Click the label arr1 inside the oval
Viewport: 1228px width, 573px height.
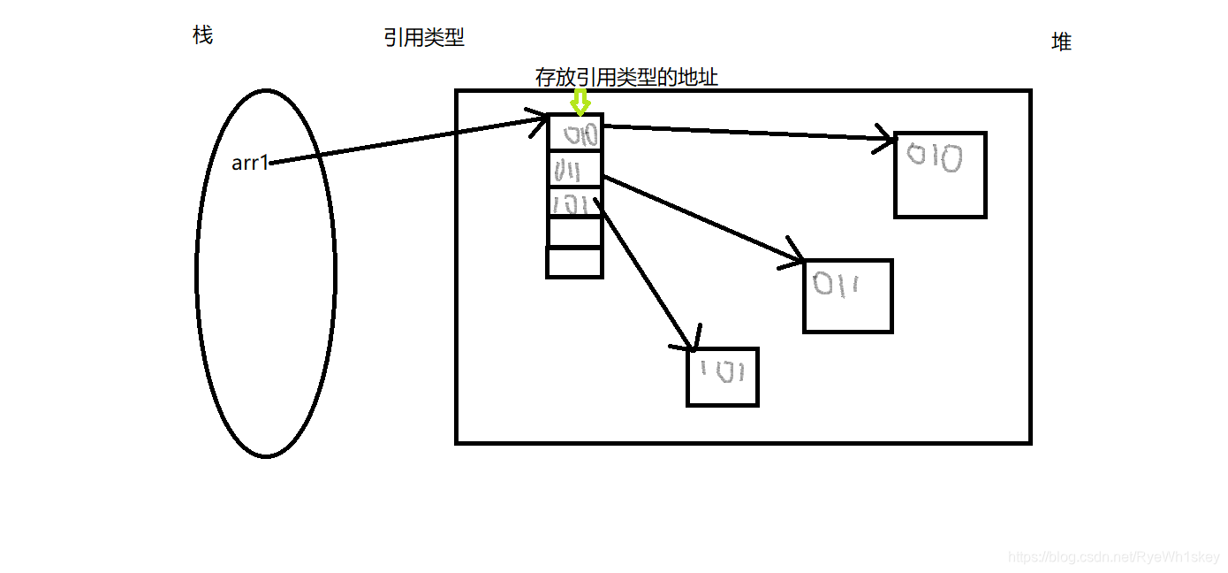pyautogui.click(x=249, y=163)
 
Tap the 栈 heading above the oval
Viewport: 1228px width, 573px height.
pyautogui.click(x=202, y=35)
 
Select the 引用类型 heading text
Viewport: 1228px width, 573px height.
pyautogui.click(x=424, y=37)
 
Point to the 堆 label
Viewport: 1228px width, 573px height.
pyautogui.click(x=1061, y=42)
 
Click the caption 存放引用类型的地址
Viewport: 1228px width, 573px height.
pyautogui.click(x=626, y=78)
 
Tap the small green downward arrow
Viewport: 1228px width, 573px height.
pyautogui.click(x=580, y=103)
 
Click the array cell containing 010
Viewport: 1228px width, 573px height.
pyautogui.click(x=575, y=134)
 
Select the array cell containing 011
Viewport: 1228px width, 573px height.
pyautogui.click(x=574, y=169)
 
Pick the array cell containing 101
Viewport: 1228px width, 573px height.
pyautogui.click(x=574, y=203)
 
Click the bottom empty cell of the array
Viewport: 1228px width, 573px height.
pyautogui.click(x=574, y=263)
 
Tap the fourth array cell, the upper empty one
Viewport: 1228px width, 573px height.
pyautogui.click(x=574, y=233)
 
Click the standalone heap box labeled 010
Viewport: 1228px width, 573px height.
pyautogui.click(x=940, y=175)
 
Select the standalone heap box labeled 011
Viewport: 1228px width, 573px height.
pyautogui.click(x=847, y=296)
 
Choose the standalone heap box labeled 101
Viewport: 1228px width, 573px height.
pyautogui.click(x=723, y=377)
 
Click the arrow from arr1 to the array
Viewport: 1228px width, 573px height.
pyautogui.click(x=406, y=141)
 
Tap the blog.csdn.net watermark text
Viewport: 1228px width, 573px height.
pyautogui.click(x=1113, y=556)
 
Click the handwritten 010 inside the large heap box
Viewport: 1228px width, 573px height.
pyautogui.click(x=935, y=159)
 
